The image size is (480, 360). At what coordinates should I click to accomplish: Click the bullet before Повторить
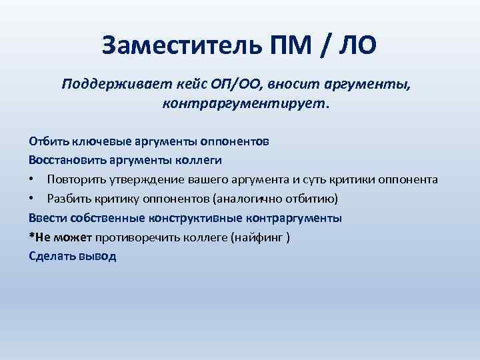click(x=32, y=180)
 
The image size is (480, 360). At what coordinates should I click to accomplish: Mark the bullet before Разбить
click(x=32, y=199)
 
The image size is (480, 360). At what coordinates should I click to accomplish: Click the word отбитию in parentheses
click(x=315, y=199)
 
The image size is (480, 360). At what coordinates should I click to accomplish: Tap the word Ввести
click(x=45, y=218)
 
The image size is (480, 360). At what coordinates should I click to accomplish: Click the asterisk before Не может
click(x=31, y=236)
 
